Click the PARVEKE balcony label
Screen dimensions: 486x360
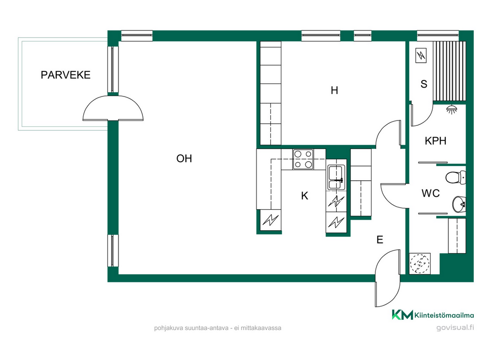pos(66,75)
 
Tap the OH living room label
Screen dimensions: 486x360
pos(184,159)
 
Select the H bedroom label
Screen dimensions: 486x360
pos(334,90)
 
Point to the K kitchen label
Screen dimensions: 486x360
pos(305,195)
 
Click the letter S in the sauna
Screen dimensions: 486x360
pos(424,84)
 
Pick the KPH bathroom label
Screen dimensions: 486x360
pos(436,141)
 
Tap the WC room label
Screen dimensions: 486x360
pos(431,193)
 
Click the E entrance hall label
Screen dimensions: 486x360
pos(380,240)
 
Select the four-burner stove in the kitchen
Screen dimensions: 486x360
pos(303,159)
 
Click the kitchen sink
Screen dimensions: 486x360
pos(336,177)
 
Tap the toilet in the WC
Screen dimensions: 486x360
pos(456,178)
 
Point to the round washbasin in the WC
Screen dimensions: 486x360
pos(459,204)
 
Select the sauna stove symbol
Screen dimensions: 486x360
pos(421,56)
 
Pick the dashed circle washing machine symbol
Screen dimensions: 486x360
pos(420,264)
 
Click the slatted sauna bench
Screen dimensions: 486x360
pos(449,72)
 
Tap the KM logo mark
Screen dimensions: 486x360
pos(402,314)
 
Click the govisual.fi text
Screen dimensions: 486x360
pos(455,328)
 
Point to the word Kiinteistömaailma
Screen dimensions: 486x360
pos(444,315)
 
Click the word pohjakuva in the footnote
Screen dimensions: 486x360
pos(168,328)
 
